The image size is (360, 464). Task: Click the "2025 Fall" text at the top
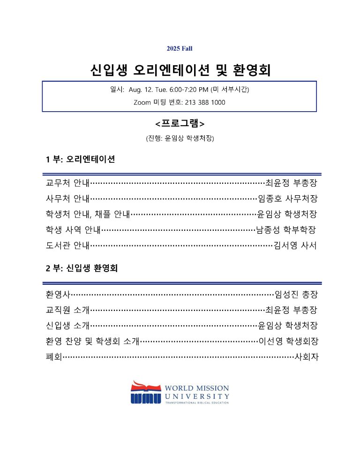[180, 48]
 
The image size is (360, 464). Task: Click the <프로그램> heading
[180, 124]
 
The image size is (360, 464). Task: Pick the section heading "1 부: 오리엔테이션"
[81, 159]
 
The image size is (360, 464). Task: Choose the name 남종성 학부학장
[286, 230]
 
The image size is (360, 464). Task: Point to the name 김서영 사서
[295, 245]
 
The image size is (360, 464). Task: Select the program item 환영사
[58, 295]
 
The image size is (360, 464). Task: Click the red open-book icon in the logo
[146, 387]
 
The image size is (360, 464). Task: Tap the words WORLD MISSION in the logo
[197, 388]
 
